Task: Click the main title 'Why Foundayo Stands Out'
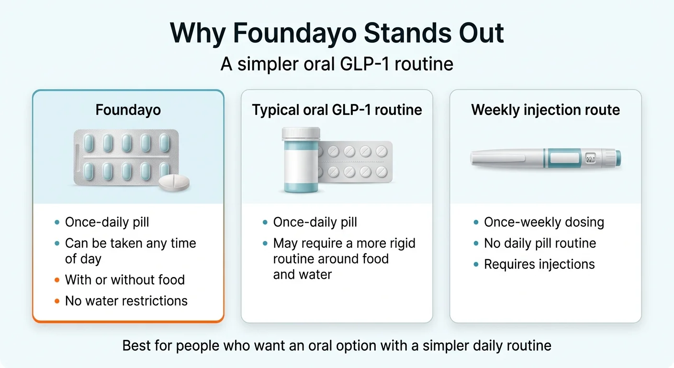point(337,33)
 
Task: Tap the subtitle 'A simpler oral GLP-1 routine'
point(337,64)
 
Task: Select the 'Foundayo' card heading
point(128,110)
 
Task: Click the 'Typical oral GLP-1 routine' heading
point(337,110)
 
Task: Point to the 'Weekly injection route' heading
point(545,110)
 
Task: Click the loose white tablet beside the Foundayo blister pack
point(174,182)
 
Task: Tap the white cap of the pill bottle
point(301,134)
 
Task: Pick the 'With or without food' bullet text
point(124,279)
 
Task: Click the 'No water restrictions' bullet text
point(126,300)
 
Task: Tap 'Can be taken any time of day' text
point(130,251)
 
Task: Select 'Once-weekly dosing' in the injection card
point(544,222)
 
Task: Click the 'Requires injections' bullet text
point(539,264)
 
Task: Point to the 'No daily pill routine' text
point(540,243)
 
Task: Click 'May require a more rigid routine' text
point(344,243)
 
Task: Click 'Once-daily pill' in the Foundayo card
point(107,222)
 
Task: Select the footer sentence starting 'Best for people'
point(337,345)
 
